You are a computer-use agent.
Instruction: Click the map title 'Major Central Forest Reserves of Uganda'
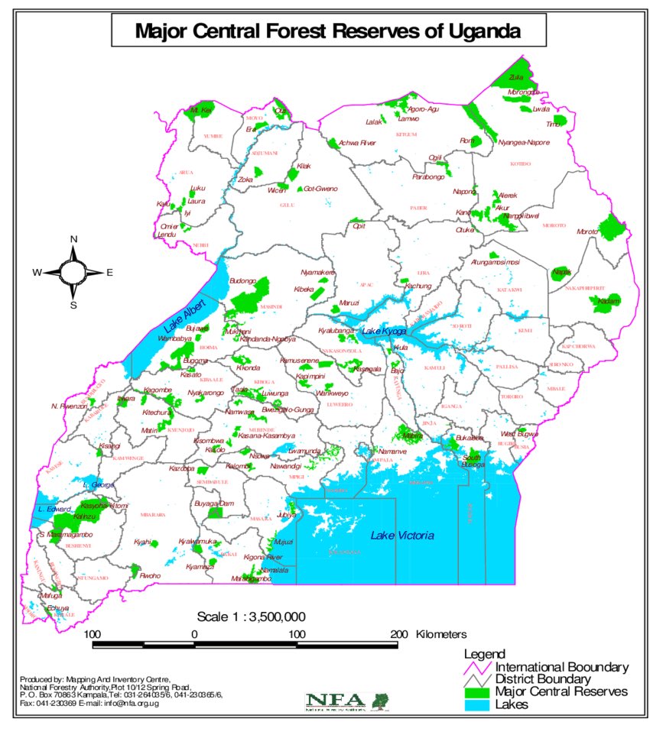tap(328, 31)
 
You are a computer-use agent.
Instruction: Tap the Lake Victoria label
tap(402, 536)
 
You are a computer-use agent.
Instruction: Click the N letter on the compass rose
tap(74, 239)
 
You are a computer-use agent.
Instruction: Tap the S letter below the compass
tap(74, 305)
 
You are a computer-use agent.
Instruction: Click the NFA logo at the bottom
tap(346, 701)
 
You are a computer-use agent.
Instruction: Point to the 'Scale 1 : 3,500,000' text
tap(252, 617)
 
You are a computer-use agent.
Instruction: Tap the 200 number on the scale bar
tap(398, 634)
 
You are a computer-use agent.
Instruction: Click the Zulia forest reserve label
tap(517, 77)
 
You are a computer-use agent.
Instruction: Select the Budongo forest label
tap(242, 281)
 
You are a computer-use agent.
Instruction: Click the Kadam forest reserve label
tap(609, 301)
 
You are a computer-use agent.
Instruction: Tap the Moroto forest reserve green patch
tap(611, 227)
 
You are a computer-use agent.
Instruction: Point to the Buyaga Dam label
tap(213, 503)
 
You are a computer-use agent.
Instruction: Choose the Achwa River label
tap(357, 142)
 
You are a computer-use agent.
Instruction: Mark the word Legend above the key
tap(484, 654)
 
